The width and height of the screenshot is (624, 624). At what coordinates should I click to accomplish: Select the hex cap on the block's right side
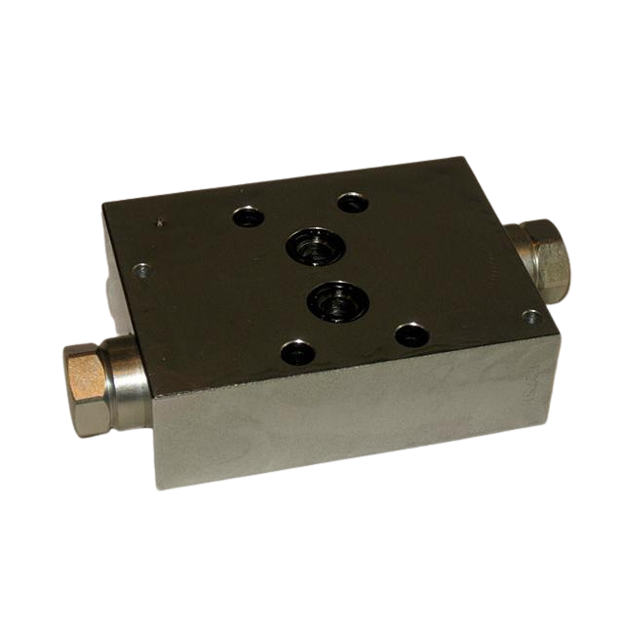tap(549, 259)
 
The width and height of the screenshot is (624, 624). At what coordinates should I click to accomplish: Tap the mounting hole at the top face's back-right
tap(352, 203)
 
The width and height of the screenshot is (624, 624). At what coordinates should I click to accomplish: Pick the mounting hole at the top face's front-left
tap(297, 352)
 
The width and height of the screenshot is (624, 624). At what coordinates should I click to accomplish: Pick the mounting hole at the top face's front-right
tap(411, 335)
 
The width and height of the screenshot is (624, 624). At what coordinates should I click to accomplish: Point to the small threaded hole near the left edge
tap(141, 269)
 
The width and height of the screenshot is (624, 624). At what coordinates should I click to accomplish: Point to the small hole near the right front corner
tap(531, 318)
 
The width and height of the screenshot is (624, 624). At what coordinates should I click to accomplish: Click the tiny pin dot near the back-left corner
tap(158, 223)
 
